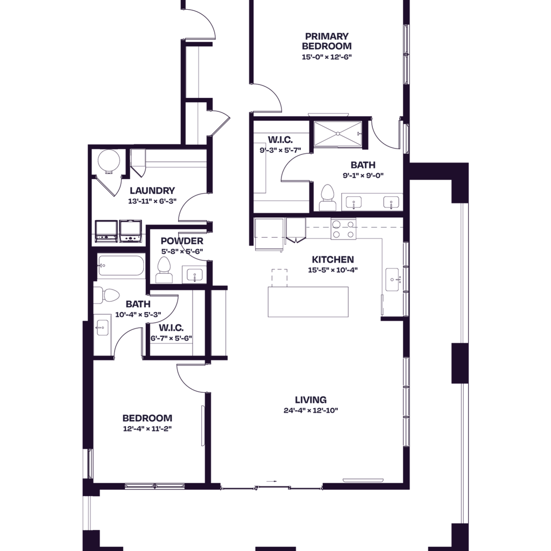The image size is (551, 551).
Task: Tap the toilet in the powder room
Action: click(x=163, y=268)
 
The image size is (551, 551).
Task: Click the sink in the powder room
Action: click(x=194, y=275)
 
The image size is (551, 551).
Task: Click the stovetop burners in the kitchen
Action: click(x=343, y=229)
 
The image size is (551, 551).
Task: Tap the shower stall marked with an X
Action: click(x=337, y=133)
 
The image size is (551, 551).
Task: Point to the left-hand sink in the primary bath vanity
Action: click(x=354, y=202)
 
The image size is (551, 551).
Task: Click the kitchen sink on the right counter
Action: click(x=393, y=278)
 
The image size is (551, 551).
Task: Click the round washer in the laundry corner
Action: click(x=107, y=162)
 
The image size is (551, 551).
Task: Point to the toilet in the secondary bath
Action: click(x=107, y=296)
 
